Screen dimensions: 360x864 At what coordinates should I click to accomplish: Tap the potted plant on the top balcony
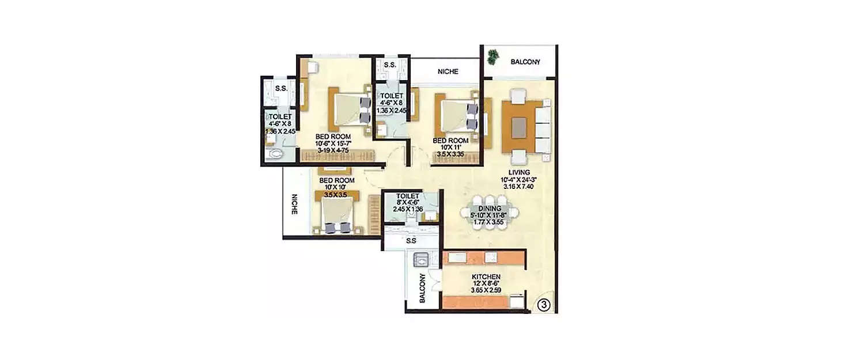click(x=493, y=56)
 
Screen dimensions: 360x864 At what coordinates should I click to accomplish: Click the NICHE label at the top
click(x=448, y=72)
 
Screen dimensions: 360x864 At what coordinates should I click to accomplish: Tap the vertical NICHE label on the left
click(x=294, y=203)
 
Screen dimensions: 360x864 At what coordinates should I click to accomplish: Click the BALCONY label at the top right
click(x=525, y=62)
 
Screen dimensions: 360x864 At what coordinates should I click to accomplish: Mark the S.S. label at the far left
click(x=281, y=89)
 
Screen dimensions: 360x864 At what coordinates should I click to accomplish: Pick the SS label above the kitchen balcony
click(x=411, y=241)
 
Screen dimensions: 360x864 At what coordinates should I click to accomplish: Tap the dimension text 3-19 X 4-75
click(x=334, y=150)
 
